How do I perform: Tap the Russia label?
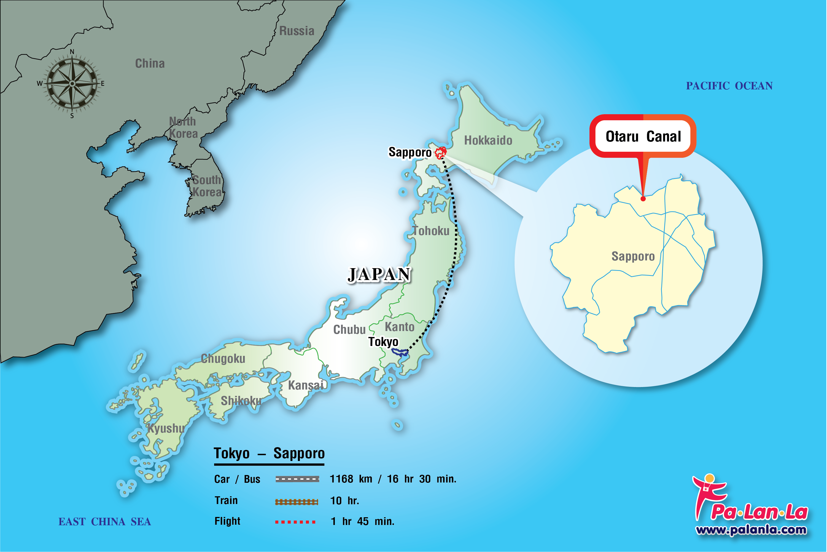tap(297, 31)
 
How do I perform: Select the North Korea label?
tap(183, 127)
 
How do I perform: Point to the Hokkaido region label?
tap(488, 140)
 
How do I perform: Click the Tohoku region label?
tap(431, 231)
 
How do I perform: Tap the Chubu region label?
tap(349, 329)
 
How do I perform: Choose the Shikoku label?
tap(241, 401)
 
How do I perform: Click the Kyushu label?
tap(166, 428)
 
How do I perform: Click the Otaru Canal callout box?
tap(643, 136)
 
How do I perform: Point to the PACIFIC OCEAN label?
tap(729, 86)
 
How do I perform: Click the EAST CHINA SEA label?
tap(104, 521)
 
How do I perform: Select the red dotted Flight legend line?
tap(295, 522)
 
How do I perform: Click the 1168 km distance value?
tap(351, 479)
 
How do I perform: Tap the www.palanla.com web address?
tap(751, 529)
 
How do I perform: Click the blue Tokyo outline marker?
tap(400, 352)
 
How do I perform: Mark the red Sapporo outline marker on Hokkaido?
tap(440, 153)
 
